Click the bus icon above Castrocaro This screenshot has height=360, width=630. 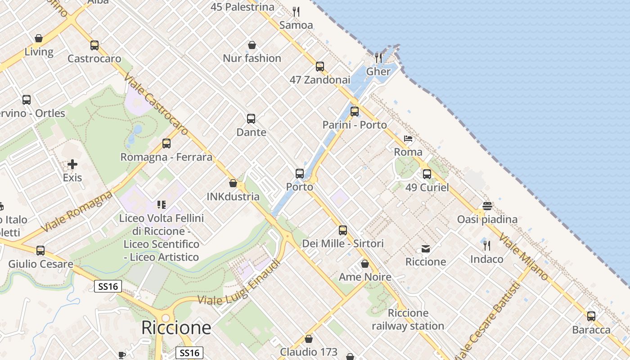[94, 45]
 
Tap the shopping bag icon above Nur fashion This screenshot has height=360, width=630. [252, 45]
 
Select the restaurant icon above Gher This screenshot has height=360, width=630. [378, 58]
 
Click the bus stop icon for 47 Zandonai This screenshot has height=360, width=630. [320, 67]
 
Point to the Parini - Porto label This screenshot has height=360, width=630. [355, 125]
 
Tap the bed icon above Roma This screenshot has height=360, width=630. [408, 139]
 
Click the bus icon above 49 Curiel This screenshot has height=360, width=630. [427, 174]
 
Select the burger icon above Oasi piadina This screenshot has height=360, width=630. [487, 206]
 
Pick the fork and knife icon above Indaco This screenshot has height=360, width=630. [487, 246]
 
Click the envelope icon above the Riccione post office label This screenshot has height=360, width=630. [425, 249]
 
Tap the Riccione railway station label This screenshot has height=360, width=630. [408, 319]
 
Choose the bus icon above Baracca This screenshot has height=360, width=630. [591, 316]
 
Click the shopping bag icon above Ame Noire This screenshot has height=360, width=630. [365, 264]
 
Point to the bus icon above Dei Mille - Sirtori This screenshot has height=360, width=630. [343, 230]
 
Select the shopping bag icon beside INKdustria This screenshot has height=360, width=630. [233, 184]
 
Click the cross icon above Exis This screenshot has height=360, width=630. [72, 164]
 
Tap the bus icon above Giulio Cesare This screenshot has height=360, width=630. [40, 251]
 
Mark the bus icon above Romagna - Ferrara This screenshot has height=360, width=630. [166, 144]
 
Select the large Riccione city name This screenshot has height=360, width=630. [176, 328]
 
